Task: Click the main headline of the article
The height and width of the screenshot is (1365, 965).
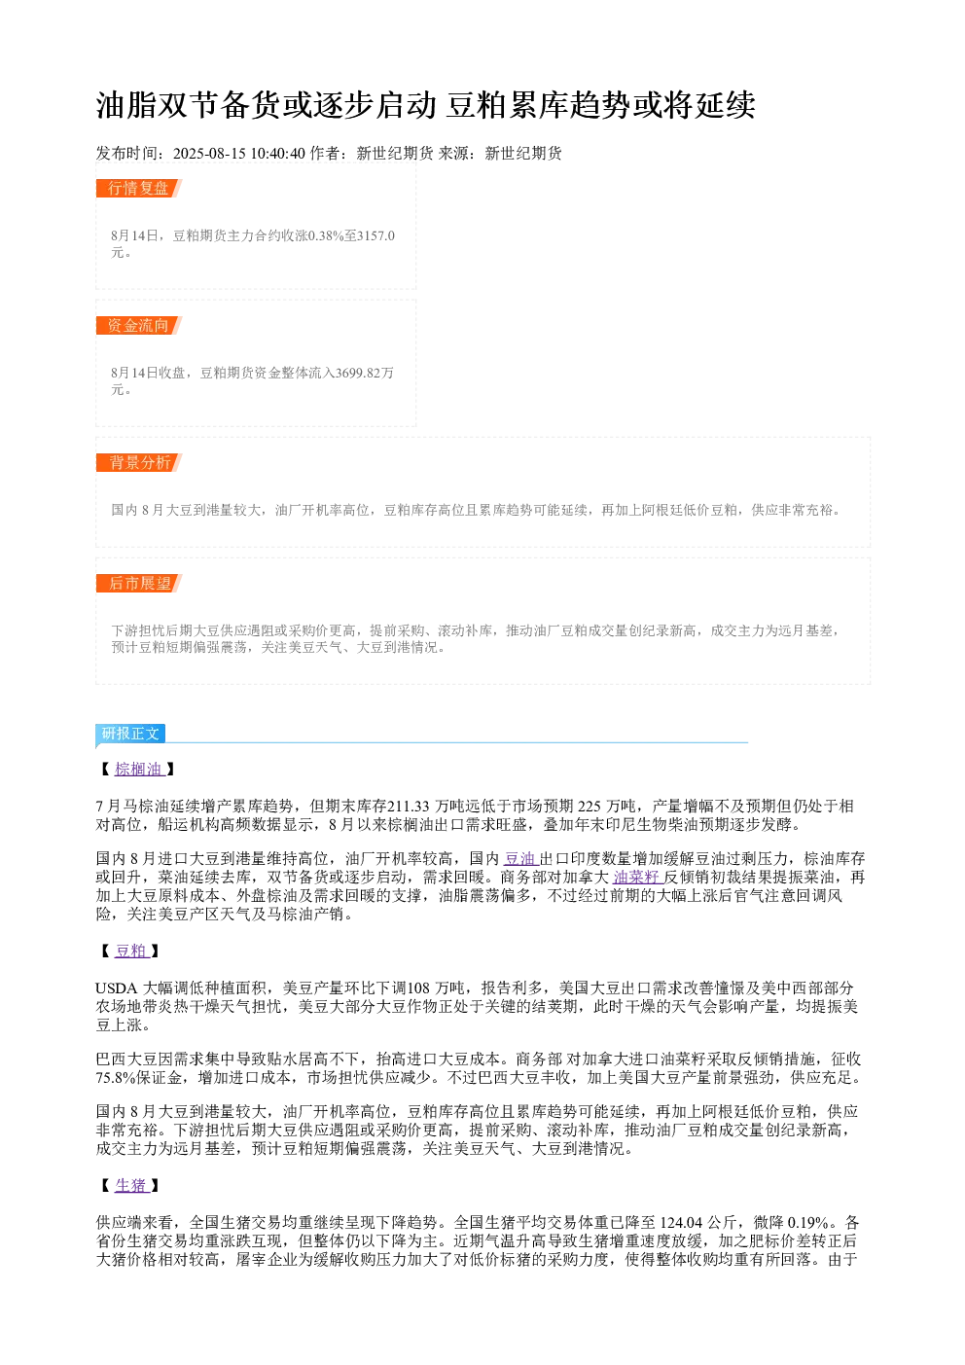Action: tap(425, 105)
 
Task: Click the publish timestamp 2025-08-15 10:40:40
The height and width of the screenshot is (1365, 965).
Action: tap(238, 153)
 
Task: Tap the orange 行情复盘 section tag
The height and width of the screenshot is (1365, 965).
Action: tap(138, 189)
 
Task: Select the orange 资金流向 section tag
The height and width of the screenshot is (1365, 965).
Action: tap(138, 325)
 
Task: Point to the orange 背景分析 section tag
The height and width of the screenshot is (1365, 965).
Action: tap(138, 462)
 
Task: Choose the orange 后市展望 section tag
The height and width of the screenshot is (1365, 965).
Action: tap(138, 583)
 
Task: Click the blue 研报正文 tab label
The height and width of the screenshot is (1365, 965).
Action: tap(130, 733)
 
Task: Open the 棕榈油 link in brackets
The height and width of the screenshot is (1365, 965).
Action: tap(138, 769)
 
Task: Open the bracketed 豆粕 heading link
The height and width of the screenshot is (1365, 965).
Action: tap(130, 951)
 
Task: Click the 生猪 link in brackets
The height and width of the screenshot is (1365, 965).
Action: tap(130, 1185)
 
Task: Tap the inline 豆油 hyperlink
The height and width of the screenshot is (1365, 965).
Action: tap(519, 859)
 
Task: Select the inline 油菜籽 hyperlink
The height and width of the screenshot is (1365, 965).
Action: tap(636, 877)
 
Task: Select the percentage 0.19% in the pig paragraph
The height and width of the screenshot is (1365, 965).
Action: tap(807, 1222)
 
